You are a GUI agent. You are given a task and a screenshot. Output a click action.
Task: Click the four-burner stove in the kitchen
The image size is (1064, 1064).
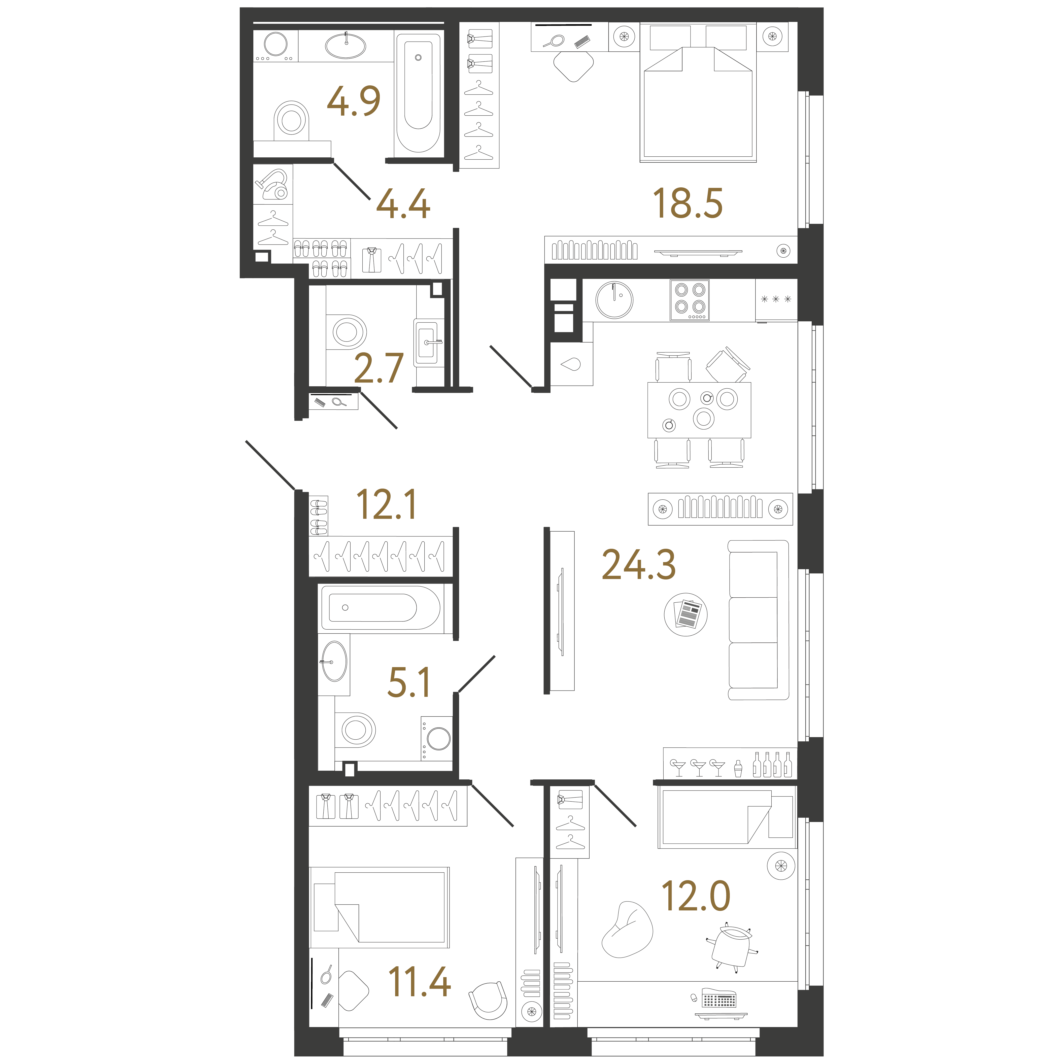(690, 300)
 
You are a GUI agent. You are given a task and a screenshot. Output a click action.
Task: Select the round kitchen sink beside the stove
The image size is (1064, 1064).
(614, 300)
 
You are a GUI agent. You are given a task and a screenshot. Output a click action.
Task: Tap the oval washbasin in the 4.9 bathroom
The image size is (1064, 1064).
(345, 46)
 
